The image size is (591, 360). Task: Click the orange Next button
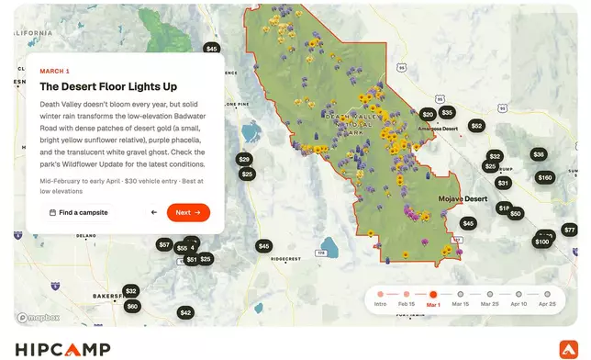click(188, 212)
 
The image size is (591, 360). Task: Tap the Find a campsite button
click(79, 212)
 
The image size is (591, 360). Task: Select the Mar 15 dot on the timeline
click(460, 295)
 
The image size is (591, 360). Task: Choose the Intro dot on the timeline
click(380, 295)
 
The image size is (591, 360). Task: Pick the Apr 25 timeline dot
click(548, 295)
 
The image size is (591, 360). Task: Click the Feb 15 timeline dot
click(406, 295)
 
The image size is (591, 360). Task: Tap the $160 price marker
click(545, 177)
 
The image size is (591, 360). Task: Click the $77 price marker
click(570, 230)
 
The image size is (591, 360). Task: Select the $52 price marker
click(476, 126)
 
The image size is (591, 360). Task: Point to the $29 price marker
click(244, 160)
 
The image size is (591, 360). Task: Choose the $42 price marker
click(185, 313)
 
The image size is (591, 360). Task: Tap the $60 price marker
click(132, 306)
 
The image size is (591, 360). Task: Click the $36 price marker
click(539, 154)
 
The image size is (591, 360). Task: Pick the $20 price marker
click(427, 115)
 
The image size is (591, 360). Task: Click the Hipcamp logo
click(62, 348)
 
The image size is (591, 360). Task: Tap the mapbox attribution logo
click(39, 318)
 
